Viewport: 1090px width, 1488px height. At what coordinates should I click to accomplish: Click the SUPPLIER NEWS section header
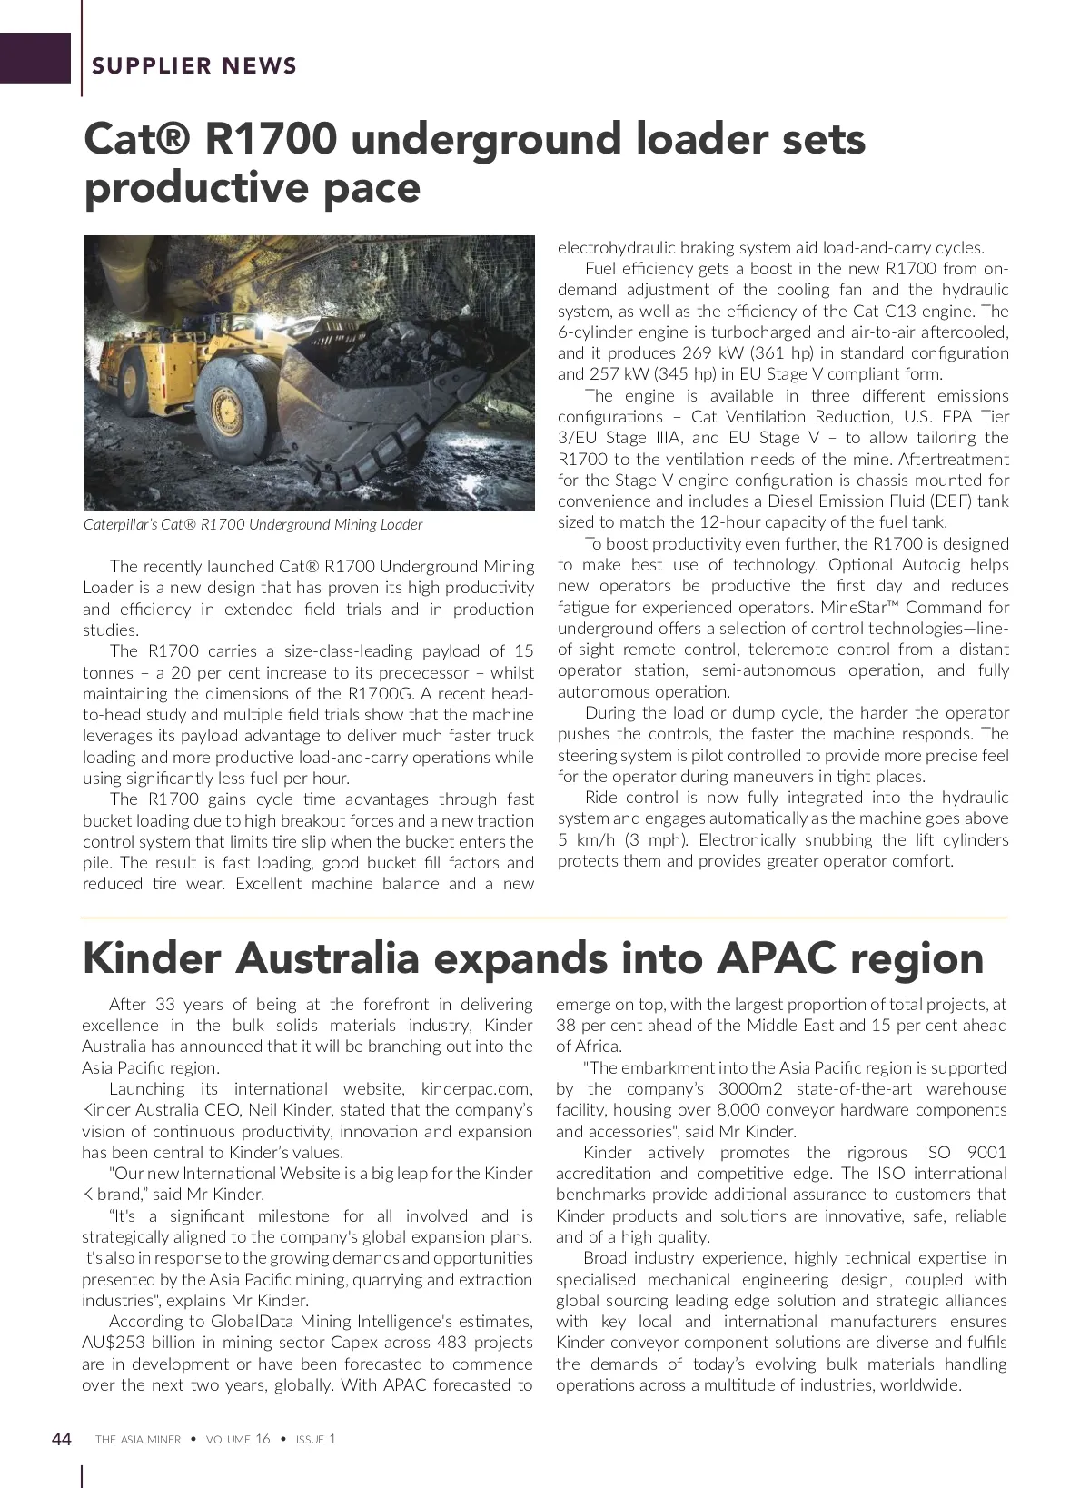point(194,65)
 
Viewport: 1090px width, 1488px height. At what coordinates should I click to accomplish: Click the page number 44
point(62,1439)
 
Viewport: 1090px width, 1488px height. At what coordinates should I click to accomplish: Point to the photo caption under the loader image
point(253,524)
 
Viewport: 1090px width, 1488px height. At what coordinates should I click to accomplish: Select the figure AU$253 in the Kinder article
point(117,1343)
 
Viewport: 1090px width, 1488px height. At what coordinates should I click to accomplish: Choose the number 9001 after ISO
point(986,1153)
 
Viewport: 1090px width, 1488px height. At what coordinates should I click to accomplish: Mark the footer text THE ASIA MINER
point(138,1440)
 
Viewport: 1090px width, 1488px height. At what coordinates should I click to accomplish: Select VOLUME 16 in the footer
point(238,1440)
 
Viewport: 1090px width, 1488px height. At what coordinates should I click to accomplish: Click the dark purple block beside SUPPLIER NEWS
point(35,57)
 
